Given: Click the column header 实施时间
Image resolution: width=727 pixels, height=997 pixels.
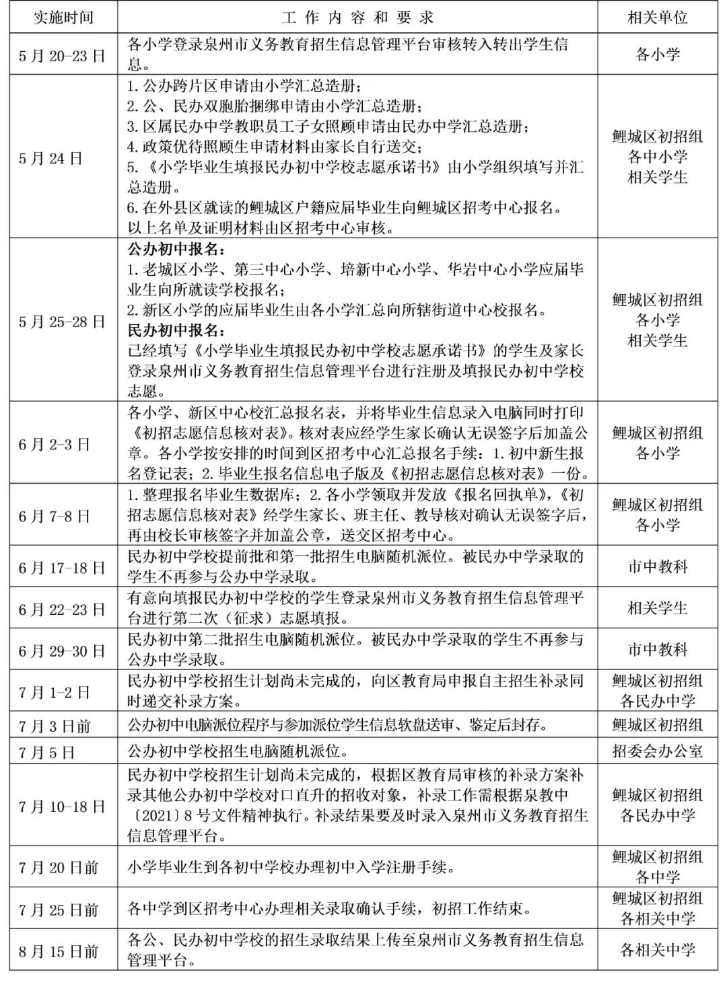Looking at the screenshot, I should pos(63,16).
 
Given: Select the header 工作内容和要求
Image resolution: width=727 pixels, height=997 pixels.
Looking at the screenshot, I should pos(357,16).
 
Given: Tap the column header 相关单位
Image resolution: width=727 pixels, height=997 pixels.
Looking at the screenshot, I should pos(657,16).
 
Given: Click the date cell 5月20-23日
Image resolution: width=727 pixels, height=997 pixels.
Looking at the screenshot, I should pos(63,54).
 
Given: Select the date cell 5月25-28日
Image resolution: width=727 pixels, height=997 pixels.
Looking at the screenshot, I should pos(63,322).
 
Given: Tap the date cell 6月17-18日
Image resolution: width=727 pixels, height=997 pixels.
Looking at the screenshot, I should pos(63,568).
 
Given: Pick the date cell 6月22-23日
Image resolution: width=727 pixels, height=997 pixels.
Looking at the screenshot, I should pos(63,610).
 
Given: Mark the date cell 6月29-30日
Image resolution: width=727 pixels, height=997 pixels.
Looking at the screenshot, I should pos(63,651).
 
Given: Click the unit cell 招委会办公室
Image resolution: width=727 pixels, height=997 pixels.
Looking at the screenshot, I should pos(657,751).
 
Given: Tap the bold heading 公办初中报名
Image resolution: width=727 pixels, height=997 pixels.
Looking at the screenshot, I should pos(177,249).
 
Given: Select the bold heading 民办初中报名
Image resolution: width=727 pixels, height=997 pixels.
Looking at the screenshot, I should pos(177,330).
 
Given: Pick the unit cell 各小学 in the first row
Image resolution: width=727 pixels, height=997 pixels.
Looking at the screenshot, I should pos(657,54).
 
